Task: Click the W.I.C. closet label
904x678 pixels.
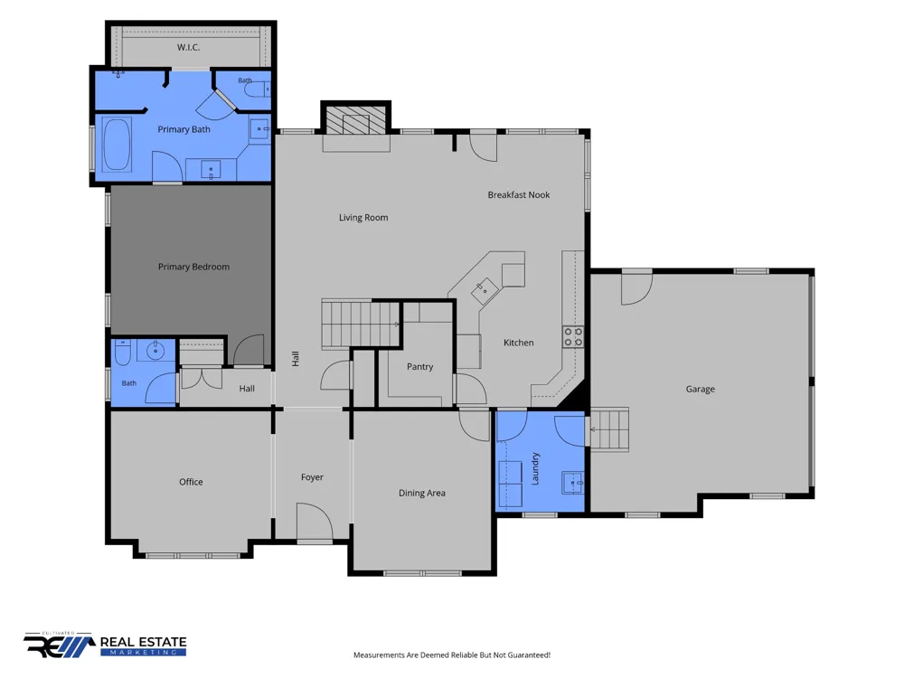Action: click(x=189, y=47)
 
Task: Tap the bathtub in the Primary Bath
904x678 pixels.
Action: click(x=117, y=146)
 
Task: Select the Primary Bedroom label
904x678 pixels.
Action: click(x=193, y=267)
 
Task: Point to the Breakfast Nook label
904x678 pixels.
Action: click(x=519, y=195)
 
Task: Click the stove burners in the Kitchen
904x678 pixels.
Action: click(x=573, y=336)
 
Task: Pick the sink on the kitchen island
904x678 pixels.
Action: click(x=485, y=290)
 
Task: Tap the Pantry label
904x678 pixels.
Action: click(x=419, y=367)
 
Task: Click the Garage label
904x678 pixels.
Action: click(x=701, y=389)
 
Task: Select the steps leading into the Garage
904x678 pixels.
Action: click(x=609, y=428)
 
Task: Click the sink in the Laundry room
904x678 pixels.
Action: click(x=573, y=482)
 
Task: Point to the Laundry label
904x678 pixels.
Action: click(x=535, y=468)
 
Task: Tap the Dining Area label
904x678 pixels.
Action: click(x=422, y=493)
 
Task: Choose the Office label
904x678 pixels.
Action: click(x=191, y=482)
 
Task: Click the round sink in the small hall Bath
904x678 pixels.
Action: click(x=155, y=351)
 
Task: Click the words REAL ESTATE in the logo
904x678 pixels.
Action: click(x=144, y=642)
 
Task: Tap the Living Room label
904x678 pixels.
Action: click(x=363, y=217)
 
